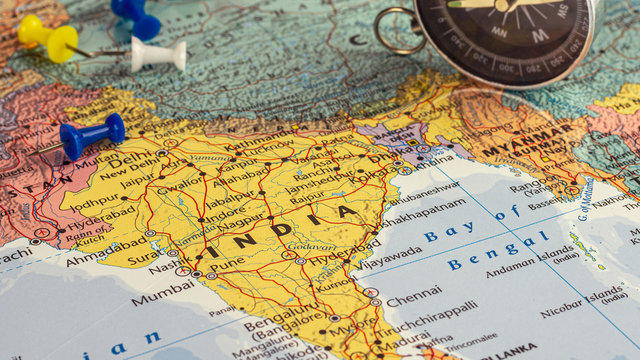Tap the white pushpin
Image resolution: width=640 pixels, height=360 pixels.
pos(160,54)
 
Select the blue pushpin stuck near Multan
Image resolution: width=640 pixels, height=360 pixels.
pos(91,134)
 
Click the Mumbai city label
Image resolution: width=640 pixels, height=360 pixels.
pos(162,297)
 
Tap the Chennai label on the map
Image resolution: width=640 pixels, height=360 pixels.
pos(413,299)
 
